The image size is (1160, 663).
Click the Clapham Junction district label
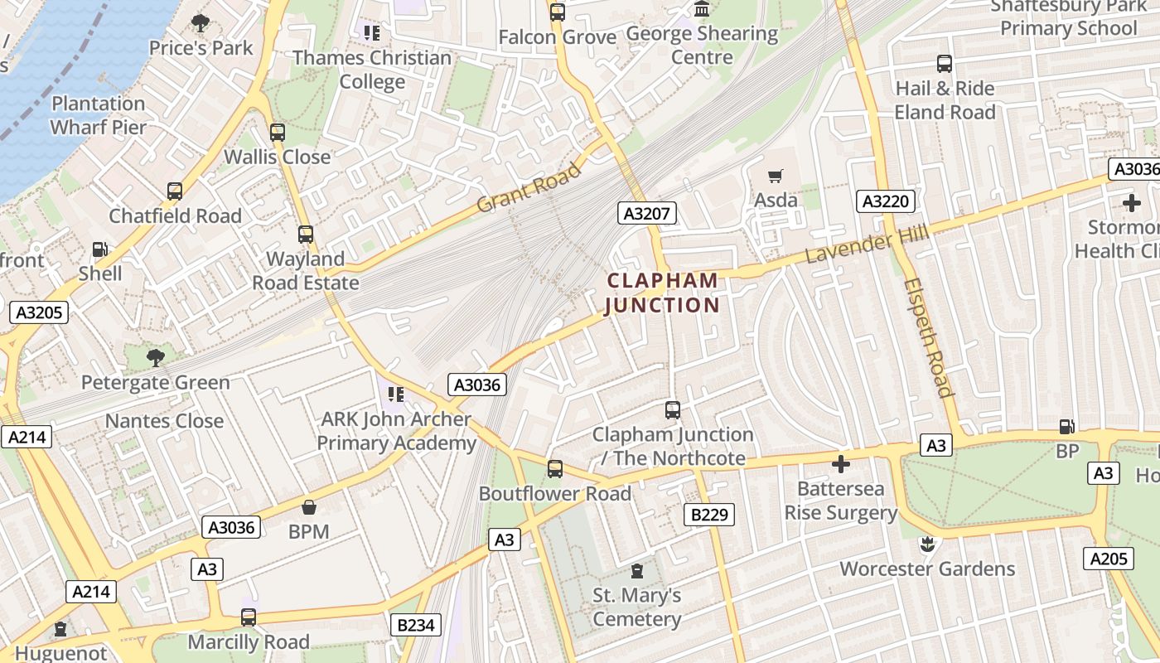662,293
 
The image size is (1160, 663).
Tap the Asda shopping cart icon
776,176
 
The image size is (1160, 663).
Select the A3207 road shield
647,214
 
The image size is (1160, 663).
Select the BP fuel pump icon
1066,427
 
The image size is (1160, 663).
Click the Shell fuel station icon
99,249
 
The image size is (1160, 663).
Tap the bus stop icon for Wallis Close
278,132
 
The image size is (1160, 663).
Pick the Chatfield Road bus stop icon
175,191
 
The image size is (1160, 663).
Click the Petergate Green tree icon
155,358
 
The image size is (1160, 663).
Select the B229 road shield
709,515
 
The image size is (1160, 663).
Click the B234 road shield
416,625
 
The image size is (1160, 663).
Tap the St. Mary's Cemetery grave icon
636,571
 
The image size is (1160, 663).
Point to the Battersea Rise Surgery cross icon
841,464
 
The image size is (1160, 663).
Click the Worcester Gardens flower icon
926,544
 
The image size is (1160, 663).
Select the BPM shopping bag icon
309,507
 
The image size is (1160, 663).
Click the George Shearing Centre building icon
702,9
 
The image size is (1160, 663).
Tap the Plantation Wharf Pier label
98,115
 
